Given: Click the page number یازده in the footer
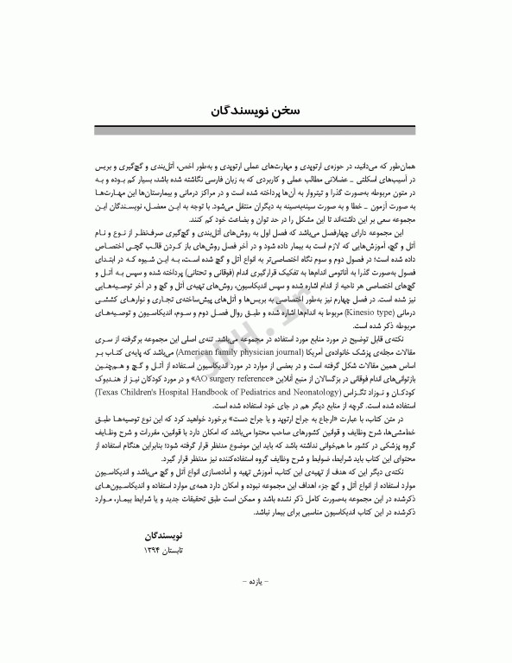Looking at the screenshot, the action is coord(256,622).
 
